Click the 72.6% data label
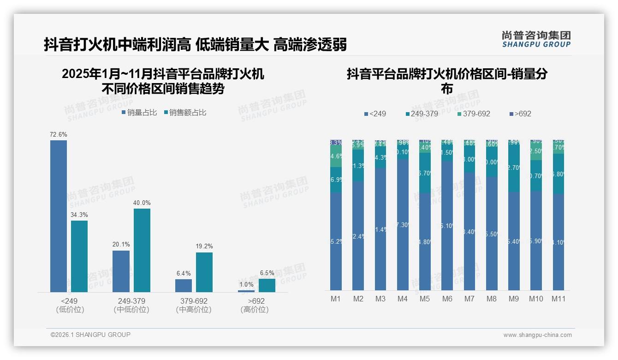pos(59,134)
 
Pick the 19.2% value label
pos(204,246)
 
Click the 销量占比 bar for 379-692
pos(184,286)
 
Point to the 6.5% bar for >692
pos(267,285)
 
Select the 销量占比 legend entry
pos(140,113)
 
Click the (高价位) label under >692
pos(255,310)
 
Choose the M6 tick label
pos(447,299)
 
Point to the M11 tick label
pos(559,299)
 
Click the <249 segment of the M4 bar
pos(402,225)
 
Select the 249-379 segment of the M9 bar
pos(514,168)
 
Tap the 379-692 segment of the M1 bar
pos(336,156)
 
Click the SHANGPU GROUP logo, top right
pos(536,39)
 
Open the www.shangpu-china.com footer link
pos(537,335)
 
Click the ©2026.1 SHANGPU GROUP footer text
pos(90,335)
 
